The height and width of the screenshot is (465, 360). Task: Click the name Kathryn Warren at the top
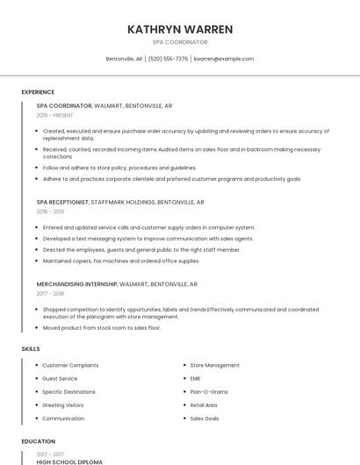(x=180, y=29)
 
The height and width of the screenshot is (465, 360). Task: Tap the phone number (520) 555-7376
(x=168, y=59)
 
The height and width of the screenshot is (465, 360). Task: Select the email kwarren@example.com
(x=224, y=59)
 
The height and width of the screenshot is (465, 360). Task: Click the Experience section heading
(x=38, y=92)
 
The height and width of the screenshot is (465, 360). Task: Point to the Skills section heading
(x=31, y=349)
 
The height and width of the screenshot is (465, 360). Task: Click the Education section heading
(x=39, y=441)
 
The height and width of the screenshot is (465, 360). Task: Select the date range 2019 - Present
(x=54, y=115)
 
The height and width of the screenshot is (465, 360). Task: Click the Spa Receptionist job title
(x=62, y=202)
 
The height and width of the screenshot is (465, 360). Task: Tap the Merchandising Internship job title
(x=76, y=284)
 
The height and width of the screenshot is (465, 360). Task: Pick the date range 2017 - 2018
(x=50, y=294)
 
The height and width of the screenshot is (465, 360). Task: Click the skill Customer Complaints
(x=70, y=365)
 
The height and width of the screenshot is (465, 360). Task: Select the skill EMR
(x=195, y=378)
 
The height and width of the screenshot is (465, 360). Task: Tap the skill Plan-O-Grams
(x=209, y=392)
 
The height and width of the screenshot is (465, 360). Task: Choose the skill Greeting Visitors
(x=63, y=405)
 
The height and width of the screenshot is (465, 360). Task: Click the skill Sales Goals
(x=205, y=418)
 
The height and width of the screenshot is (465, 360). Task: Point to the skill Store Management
(x=214, y=365)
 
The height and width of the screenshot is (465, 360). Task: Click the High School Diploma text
(x=69, y=461)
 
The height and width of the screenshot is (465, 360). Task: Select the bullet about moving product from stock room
(x=102, y=327)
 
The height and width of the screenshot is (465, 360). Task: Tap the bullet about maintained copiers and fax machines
(x=110, y=260)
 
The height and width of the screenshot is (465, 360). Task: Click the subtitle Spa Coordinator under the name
(x=180, y=42)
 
